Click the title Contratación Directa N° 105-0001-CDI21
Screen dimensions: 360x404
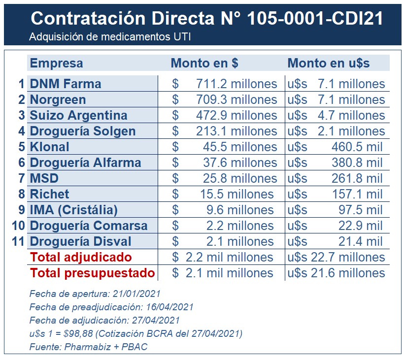[206, 18]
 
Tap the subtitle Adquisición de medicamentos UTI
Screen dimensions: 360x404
[109, 37]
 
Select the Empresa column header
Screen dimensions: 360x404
[57, 63]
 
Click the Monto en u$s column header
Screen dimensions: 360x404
[329, 63]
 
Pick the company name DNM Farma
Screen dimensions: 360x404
[66, 84]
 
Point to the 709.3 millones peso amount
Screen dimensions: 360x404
[236, 99]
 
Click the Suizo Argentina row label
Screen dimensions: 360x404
[79, 115]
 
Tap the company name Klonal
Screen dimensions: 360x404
[50, 147]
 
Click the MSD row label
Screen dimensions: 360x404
[43, 178]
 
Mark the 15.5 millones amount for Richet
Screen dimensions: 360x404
[236, 194]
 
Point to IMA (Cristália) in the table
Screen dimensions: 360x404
[74, 210]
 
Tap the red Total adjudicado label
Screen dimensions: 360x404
[81, 257]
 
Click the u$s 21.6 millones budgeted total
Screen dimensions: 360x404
[336, 273]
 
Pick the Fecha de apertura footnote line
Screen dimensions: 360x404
[95, 294]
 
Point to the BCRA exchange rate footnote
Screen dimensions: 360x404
[136, 334]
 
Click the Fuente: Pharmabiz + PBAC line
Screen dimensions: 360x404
[89, 347]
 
